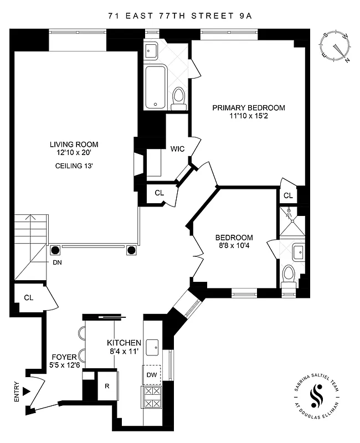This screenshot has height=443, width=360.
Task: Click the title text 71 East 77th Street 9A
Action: click(x=180, y=16)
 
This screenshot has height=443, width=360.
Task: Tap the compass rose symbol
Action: click(x=336, y=47)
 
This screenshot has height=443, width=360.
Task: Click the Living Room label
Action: click(x=73, y=145)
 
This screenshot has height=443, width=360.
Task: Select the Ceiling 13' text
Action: click(x=73, y=166)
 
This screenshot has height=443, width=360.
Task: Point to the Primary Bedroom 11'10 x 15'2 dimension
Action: click(x=249, y=116)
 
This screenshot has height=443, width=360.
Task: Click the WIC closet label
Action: click(x=177, y=149)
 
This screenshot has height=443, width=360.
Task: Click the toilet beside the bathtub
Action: click(x=178, y=98)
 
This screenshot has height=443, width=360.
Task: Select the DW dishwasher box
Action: click(x=152, y=375)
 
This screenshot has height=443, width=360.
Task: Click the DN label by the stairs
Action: click(x=58, y=262)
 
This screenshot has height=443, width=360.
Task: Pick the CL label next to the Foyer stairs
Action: click(x=29, y=297)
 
